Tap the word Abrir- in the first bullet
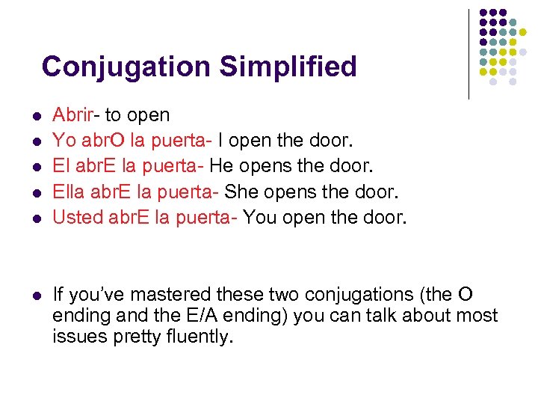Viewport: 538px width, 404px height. pos(76,115)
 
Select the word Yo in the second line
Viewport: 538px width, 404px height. pos(64,140)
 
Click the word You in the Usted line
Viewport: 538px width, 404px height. pos(260,218)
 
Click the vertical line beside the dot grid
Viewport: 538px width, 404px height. pos(469,54)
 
